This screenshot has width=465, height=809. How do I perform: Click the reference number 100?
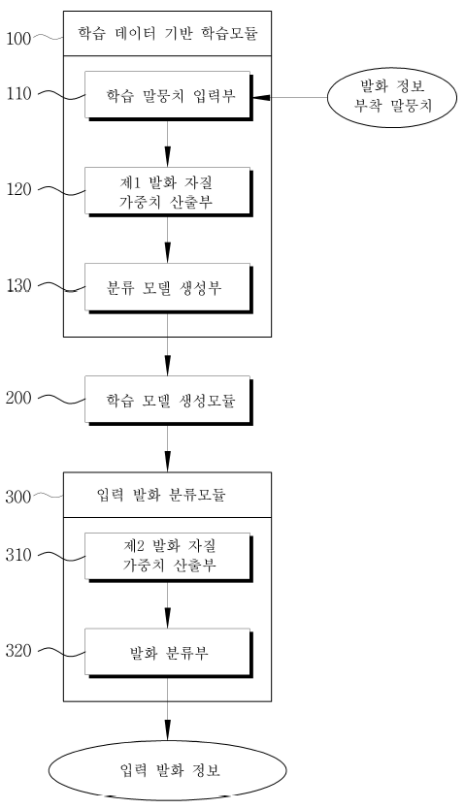point(18,38)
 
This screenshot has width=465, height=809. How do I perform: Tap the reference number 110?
point(19,94)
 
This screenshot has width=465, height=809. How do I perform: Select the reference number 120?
point(19,190)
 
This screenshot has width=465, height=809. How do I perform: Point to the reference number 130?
point(19,286)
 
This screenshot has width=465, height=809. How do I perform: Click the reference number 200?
point(18,398)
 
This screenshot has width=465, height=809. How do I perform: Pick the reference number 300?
point(18,497)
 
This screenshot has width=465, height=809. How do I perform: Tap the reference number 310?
point(18,555)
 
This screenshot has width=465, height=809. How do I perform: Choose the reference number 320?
point(18,651)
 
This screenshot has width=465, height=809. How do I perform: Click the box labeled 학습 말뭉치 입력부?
point(169,96)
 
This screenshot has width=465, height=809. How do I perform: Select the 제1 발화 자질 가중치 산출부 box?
point(169,192)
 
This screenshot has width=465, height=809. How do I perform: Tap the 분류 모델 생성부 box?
point(169,288)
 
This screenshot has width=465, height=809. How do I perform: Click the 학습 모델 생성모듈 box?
point(169,401)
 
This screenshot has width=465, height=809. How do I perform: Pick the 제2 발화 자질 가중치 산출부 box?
point(169,557)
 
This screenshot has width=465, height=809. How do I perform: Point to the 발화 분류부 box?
point(169,653)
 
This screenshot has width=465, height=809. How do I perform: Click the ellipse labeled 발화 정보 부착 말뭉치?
point(392,97)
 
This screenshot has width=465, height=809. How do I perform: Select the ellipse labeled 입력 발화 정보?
point(168,770)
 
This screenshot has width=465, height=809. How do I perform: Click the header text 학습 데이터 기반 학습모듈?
point(168,34)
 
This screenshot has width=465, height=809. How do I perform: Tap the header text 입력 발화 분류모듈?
point(161,496)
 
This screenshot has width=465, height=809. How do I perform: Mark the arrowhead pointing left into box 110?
point(260,97)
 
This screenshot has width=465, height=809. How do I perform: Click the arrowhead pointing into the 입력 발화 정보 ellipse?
point(167,731)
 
